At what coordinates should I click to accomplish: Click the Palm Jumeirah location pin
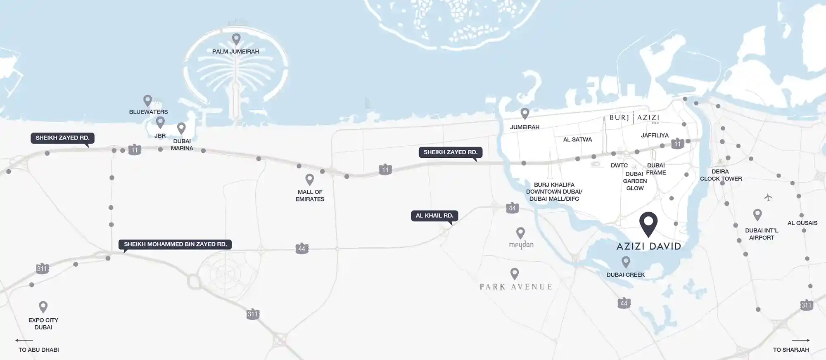pos(236,39)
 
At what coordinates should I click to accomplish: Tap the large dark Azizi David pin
pos(648,223)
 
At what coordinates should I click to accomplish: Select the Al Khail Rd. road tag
pos(434,216)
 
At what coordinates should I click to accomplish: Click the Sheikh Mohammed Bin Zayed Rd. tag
pos(176,244)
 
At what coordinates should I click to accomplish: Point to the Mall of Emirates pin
pos(310,180)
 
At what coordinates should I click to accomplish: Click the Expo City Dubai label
pos(43,324)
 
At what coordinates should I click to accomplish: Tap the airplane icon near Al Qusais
pos(768,197)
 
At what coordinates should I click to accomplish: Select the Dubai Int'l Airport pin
pos(757,215)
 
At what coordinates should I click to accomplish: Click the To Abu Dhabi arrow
pos(24,341)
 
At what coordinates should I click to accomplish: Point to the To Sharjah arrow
pos(801,341)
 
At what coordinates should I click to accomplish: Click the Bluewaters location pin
pos(147,100)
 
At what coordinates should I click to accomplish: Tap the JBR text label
pos(160,136)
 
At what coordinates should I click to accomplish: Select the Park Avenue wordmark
pos(516,287)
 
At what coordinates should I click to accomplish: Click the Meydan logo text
pos(521,245)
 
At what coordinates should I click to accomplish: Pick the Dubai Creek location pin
pos(626,262)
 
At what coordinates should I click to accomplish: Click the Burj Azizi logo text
pos(634,118)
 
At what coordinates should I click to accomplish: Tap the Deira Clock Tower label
pos(721,175)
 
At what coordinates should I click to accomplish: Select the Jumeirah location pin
pos(525,113)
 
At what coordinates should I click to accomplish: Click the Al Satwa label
pos(577,140)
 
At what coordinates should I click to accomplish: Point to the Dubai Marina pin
pos(181,128)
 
